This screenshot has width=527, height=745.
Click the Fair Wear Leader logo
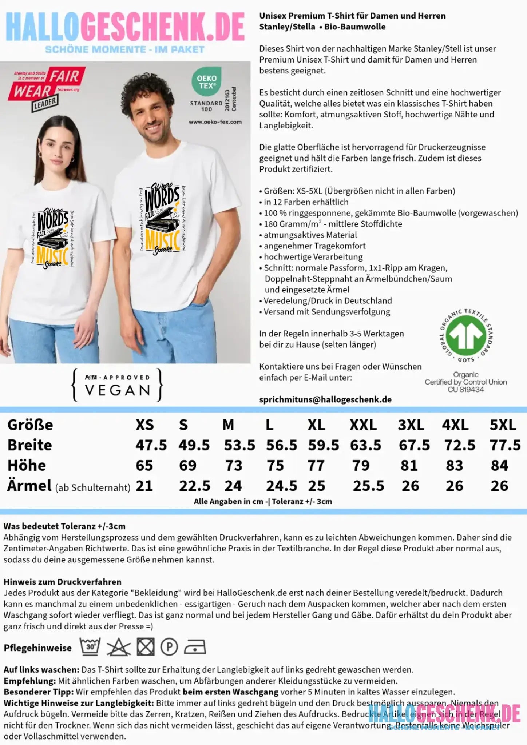tap(47, 87)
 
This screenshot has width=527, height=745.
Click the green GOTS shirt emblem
tap(466, 335)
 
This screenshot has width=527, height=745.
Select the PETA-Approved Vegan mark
tap(118, 385)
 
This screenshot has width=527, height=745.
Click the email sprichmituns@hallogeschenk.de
tap(325, 399)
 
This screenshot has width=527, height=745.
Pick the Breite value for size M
tap(239, 445)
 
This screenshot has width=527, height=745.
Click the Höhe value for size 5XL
tap(499, 466)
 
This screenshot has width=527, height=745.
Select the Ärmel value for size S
tap(194, 486)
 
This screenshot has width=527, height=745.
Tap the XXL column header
tap(363, 425)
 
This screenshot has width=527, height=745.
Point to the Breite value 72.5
tap(460, 445)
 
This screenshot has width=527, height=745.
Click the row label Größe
tap(30, 425)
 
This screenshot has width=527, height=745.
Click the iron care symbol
tap(195, 647)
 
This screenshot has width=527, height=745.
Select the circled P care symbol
tap(169, 647)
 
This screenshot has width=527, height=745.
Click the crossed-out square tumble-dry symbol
tap(146, 647)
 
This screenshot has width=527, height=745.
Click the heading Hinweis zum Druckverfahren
tap(62, 582)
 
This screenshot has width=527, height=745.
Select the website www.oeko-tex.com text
tap(215, 122)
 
